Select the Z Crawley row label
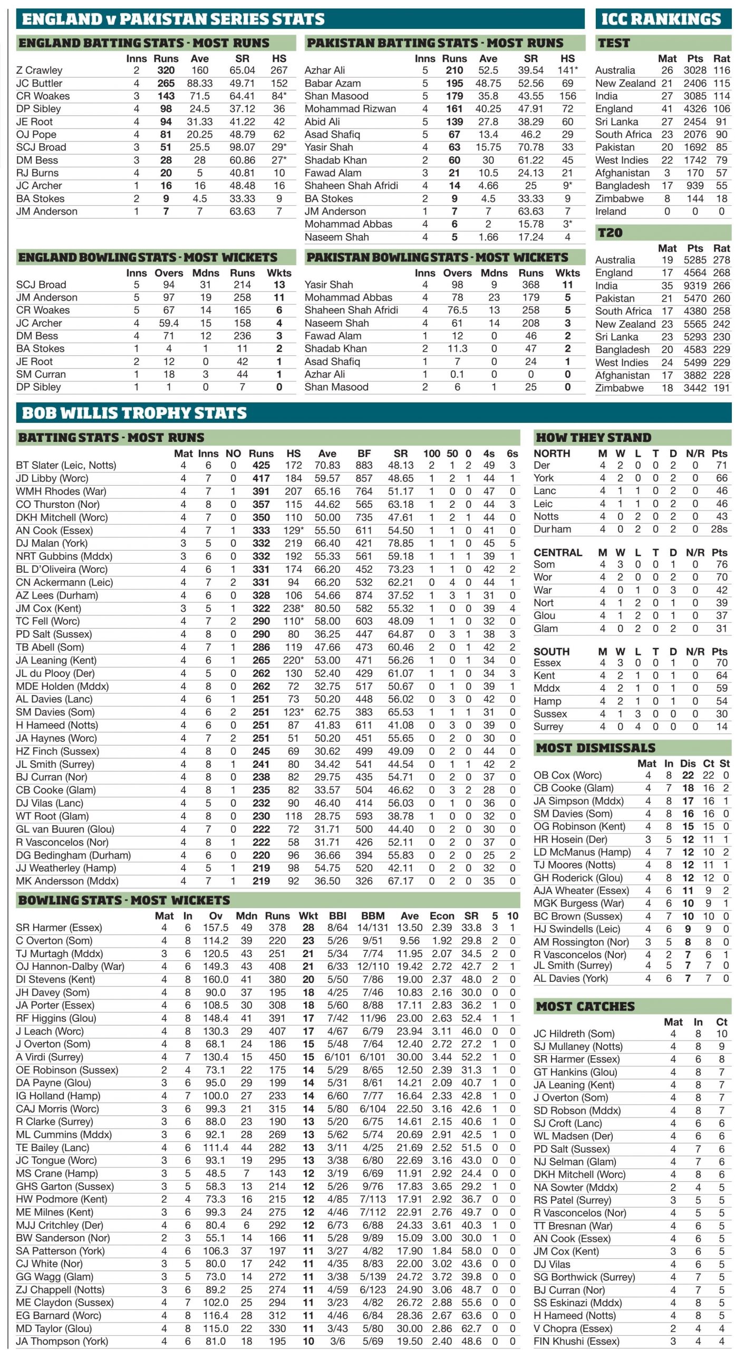(x=39, y=70)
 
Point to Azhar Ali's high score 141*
(x=567, y=70)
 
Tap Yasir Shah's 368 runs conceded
(x=530, y=285)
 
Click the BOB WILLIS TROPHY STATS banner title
(x=134, y=413)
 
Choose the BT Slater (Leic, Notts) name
(x=66, y=466)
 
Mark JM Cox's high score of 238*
(x=294, y=609)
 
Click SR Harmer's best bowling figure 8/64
(x=337, y=928)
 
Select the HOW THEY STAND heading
(x=593, y=437)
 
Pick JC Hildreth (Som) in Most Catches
(x=574, y=1034)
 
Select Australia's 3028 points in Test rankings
(x=695, y=70)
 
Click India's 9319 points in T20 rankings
(x=695, y=286)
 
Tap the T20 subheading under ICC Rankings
(x=610, y=233)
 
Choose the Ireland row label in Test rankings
(x=611, y=211)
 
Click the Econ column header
(x=442, y=916)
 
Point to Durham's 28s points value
(x=719, y=529)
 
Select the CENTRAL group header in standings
(x=558, y=553)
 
